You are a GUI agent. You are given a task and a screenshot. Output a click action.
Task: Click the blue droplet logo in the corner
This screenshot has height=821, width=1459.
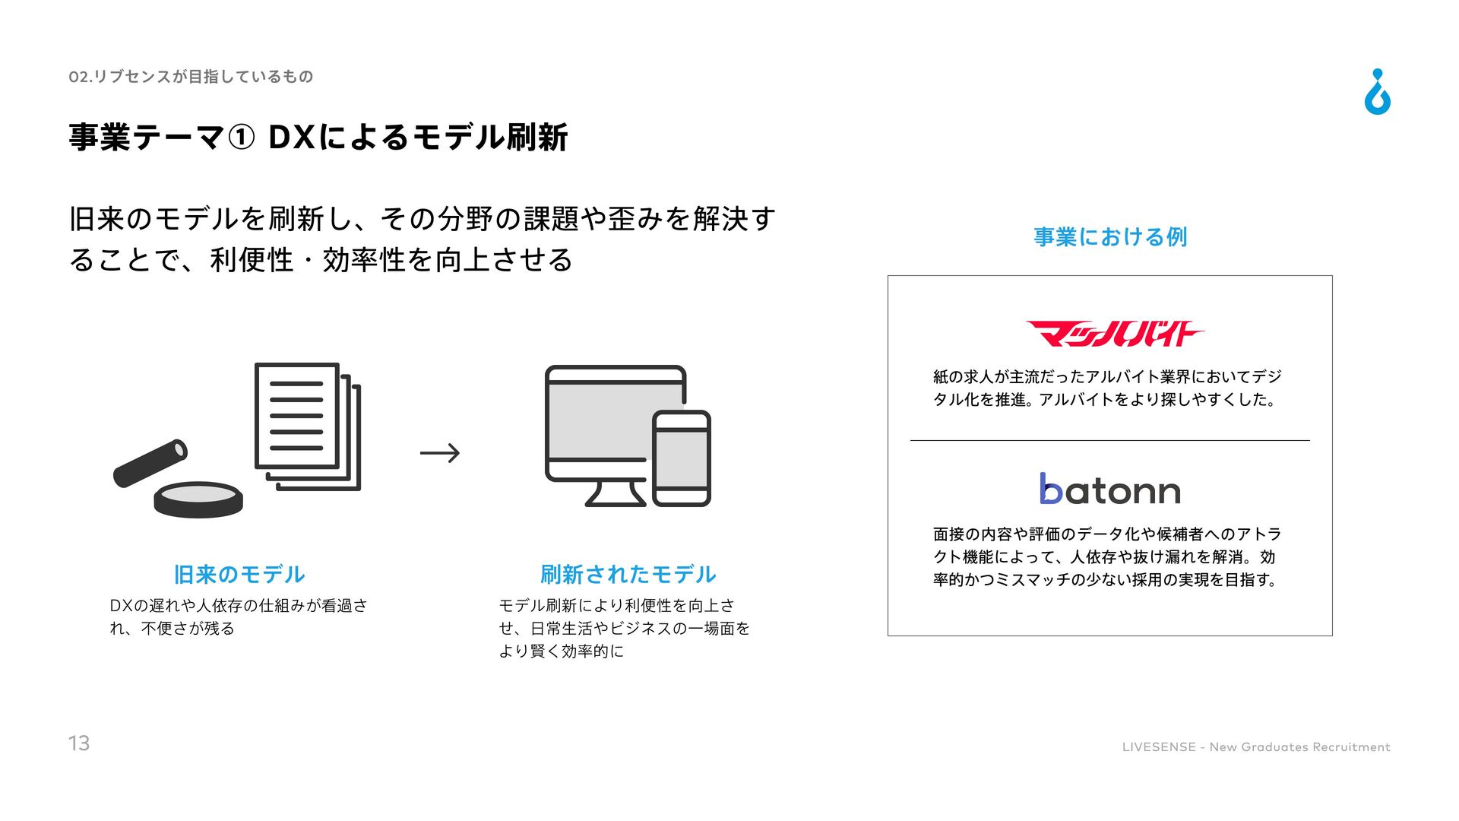click(1377, 93)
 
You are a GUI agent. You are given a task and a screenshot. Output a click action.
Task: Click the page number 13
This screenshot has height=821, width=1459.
click(79, 743)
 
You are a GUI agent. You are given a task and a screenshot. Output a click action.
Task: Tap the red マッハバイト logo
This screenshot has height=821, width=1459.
click(1114, 334)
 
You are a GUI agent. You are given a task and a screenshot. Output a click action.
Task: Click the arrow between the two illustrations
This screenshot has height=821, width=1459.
click(440, 453)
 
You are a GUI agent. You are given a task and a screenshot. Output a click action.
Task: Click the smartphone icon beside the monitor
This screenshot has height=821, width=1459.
click(682, 458)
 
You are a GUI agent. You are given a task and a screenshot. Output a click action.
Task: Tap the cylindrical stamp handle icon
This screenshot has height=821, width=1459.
click(150, 463)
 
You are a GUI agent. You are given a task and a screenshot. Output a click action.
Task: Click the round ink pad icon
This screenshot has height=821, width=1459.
click(198, 499)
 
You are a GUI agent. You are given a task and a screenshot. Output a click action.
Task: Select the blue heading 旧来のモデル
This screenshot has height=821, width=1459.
click(239, 575)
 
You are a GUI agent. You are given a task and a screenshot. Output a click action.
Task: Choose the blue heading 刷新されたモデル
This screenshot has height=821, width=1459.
click(628, 575)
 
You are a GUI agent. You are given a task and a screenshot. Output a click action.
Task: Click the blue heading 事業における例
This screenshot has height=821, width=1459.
click(1109, 237)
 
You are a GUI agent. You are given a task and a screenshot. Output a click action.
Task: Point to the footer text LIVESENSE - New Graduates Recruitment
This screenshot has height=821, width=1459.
click(1255, 747)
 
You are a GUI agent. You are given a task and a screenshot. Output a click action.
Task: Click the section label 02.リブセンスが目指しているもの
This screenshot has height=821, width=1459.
click(191, 77)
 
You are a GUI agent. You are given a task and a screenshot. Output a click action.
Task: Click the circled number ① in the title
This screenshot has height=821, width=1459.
click(241, 138)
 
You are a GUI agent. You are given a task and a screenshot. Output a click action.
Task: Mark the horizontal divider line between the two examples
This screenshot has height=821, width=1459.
click(1109, 440)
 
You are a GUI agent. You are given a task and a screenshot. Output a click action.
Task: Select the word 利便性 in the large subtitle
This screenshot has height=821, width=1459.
click(252, 260)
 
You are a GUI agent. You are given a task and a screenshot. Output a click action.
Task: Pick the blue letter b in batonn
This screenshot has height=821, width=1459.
click(1051, 489)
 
